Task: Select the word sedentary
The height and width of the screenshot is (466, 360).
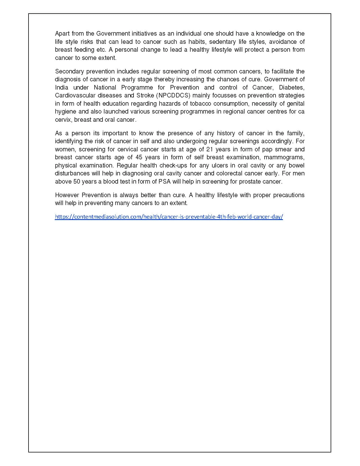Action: (222, 42)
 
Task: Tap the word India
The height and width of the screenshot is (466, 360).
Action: (62, 87)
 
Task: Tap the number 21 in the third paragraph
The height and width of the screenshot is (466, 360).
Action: (210, 149)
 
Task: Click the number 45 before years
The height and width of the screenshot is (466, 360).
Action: (139, 157)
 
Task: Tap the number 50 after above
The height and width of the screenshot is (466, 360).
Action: (77, 181)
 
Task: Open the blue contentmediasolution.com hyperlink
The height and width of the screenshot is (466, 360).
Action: (169, 217)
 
